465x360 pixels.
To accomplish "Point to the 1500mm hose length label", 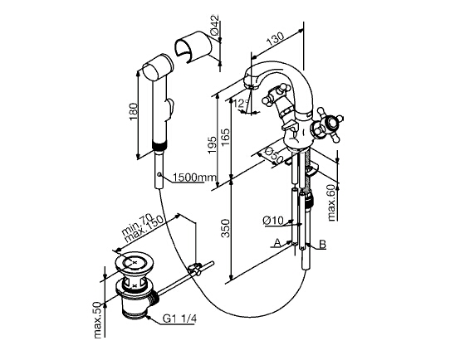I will pos(195,178).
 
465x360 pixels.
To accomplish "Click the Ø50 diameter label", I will pos(272,154).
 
